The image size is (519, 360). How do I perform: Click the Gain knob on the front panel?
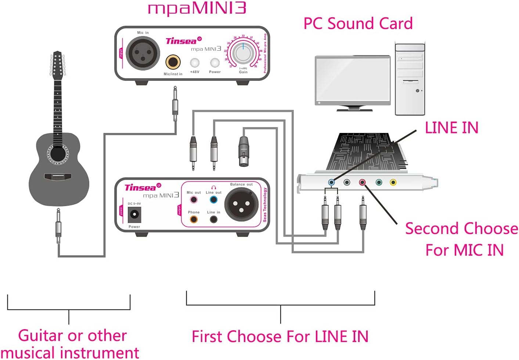[243, 53]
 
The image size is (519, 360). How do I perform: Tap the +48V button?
[195, 62]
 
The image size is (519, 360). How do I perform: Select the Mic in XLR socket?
[143, 53]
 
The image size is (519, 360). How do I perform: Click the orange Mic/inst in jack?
[173, 62]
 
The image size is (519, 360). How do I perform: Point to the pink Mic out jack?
[194, 200]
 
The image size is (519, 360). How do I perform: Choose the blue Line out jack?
[213, 200]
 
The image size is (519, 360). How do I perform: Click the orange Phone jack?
[194, 219]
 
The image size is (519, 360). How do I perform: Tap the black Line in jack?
[213, 220]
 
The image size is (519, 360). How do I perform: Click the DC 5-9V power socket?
[134, 215]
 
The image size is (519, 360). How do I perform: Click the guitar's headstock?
[57, 65]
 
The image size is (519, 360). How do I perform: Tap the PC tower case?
[410, 79]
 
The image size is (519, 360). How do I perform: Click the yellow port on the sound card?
[393, 182]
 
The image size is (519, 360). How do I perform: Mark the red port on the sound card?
[363, 182]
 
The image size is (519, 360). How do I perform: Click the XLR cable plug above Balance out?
[244, 151]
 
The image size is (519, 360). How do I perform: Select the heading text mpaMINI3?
[197, 8]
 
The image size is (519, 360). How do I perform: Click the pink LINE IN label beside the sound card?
[451, 128]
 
